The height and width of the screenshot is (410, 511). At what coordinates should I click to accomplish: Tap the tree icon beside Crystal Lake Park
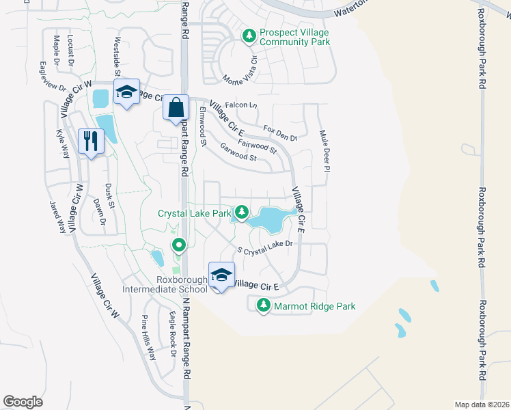241,214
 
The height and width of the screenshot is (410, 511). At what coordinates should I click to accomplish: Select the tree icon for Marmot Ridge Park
263,306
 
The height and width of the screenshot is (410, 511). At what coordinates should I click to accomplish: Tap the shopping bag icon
176,107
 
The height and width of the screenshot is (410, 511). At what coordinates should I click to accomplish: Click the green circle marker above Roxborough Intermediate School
179,244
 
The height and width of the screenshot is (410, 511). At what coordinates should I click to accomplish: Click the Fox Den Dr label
280,133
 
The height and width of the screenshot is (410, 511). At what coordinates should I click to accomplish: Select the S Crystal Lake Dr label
264,247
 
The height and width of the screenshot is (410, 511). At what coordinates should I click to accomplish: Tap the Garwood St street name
238,152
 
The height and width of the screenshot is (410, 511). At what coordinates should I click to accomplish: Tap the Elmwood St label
202,126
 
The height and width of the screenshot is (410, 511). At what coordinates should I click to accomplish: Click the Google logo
23,401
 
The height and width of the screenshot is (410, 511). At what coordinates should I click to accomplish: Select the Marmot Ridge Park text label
314,307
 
